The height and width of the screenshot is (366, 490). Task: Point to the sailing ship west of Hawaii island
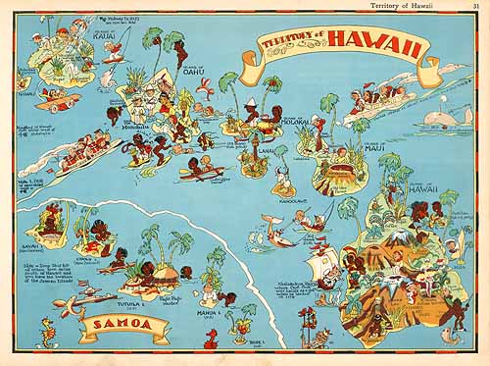pyautogui.click(x=323, y=266)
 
